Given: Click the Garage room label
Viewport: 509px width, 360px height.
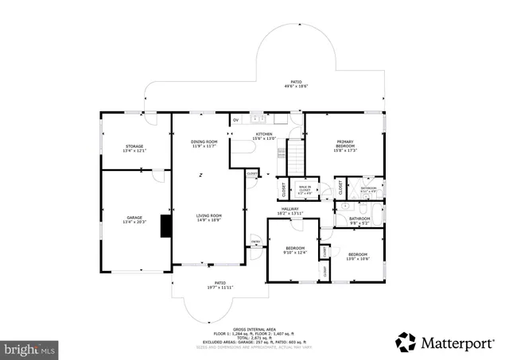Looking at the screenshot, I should point(134,219).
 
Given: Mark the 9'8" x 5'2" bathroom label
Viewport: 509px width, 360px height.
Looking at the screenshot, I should point(359,220).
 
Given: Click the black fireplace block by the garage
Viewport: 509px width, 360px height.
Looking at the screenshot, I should point(165,226).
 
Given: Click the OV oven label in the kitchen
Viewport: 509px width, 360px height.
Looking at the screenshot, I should point(235,120).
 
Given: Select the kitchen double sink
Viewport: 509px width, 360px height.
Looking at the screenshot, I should point(258,119).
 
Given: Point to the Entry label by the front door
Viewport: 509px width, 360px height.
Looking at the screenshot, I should point(256,241).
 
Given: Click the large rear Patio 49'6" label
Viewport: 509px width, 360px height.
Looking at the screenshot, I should point(296,83).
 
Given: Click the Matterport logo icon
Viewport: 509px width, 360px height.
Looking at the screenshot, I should point(406,342).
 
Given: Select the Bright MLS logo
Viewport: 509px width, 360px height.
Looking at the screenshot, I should point(30,348).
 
